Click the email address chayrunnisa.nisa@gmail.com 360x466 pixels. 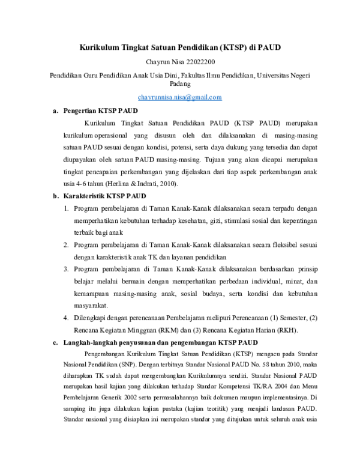[180, 97]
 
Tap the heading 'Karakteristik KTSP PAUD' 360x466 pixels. [104, 196]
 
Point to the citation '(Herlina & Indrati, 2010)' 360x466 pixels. [133, 184]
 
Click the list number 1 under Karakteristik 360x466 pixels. [66, 208]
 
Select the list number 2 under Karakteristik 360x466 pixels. [66, 246]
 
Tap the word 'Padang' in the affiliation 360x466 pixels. [180, 85]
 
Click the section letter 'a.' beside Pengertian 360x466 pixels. [55, 111]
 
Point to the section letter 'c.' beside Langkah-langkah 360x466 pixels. [55, 343]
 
